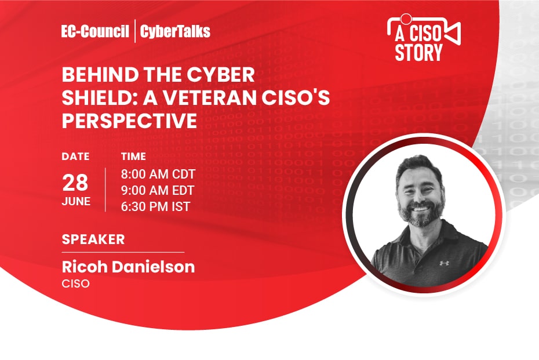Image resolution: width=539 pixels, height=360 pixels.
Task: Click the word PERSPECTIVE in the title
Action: point(130,121)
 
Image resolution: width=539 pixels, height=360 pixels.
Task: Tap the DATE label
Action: point(75,157)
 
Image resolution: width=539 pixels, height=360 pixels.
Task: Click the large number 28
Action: point(75,183)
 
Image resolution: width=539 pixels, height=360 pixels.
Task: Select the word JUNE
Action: point(76,202)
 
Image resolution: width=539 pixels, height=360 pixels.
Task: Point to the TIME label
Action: point(133,157)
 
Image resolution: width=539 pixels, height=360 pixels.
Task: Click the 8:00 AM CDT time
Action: point(158,174)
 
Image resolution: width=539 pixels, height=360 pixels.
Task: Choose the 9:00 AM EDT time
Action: point(158,190)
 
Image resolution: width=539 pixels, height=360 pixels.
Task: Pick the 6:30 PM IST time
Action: point(155,206)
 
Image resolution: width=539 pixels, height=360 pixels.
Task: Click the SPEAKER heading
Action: point(93,239)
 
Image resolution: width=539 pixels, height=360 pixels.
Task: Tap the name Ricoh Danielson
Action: point(128,267)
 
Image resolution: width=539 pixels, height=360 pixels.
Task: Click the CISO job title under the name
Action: point(75,285)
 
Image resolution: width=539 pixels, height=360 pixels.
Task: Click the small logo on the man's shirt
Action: point(445,263)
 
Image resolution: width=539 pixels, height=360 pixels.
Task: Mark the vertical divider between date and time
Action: point(105,190)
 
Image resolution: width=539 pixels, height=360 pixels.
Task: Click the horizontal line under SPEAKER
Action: point(123,252)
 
